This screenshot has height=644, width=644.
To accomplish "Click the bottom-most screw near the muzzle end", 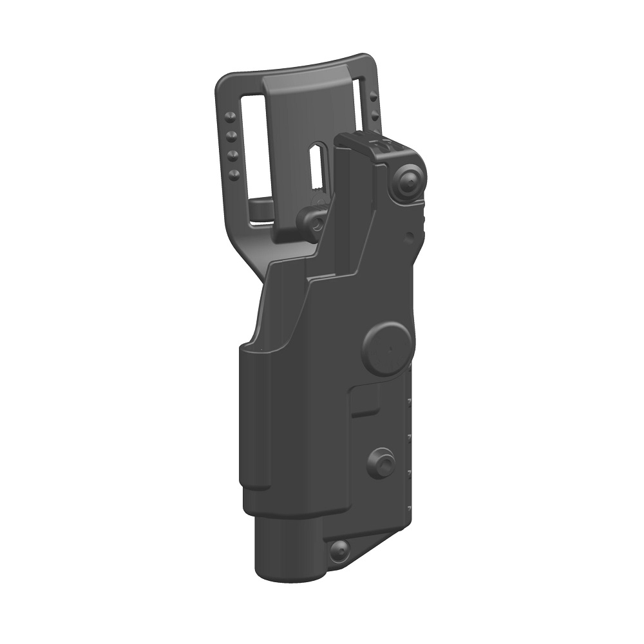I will (x=339, y=550).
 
